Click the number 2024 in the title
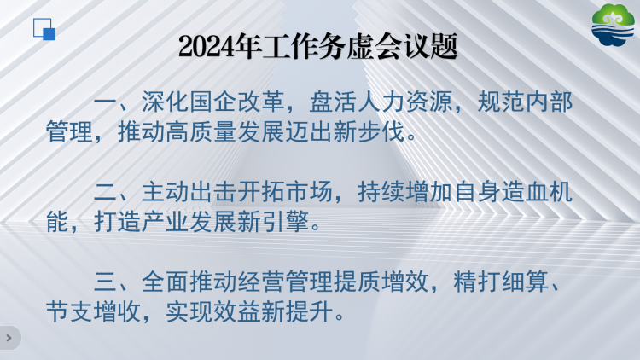coord(207,46)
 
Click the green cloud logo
coord(613,26)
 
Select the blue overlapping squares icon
coord(44,29)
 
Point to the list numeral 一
coord(106,102)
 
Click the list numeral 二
coord(106,192)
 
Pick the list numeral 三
coord(106,282)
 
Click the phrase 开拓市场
coord(285,192)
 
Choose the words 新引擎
coord(273,222)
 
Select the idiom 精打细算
coord(501,282)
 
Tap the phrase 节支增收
coord(94,312)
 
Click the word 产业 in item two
coord(166,222)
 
